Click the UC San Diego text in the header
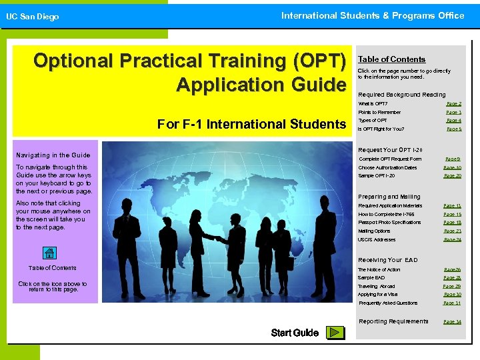[x=33, y=17]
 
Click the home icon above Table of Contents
[x=49, y=253]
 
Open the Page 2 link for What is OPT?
[x=453, y=104]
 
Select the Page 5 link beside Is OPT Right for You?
[x=453, y=129]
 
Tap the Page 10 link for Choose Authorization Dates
[x=453, y=168]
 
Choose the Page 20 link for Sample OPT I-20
[x=453, y=176]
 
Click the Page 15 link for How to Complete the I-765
[x=453, y=215]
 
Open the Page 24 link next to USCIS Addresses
[x=453, y=240]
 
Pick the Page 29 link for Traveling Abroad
[x=452, y=286]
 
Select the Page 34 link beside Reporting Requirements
[x=453, y=322]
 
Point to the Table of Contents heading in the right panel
[x=391, y=59]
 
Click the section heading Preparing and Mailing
[x=389, y=197]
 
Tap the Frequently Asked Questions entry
[x=388, y=303]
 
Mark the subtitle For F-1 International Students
[x=251, y=124]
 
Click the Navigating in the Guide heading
[x=53, y=155]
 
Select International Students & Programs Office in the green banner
[x=372, y=15]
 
